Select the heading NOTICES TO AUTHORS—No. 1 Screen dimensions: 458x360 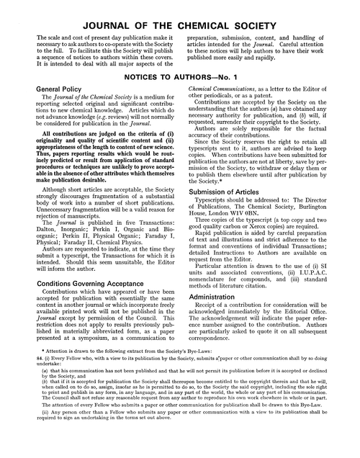click(179, 75)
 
